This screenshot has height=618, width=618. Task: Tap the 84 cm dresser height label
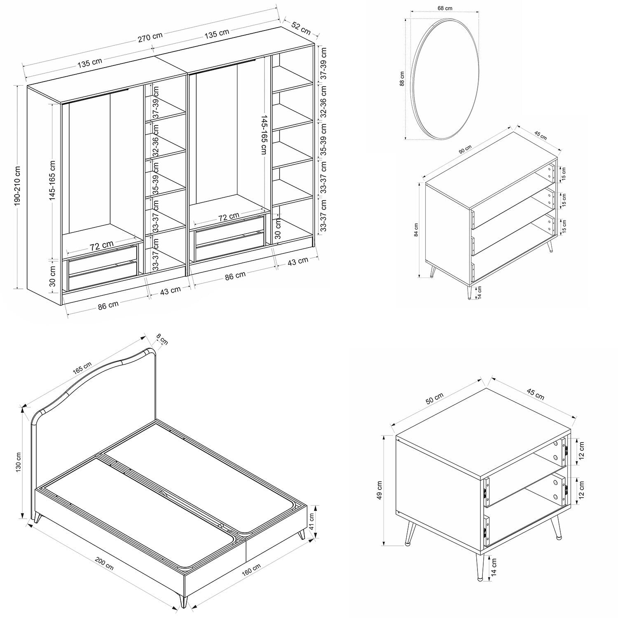[417, 229]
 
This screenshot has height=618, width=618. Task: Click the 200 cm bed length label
[104, 564]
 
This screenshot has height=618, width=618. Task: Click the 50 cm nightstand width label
[434, 398]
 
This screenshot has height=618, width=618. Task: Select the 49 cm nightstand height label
[379, 490]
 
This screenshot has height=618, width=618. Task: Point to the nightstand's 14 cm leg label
[494, 566]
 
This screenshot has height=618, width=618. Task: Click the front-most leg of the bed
[183, 599]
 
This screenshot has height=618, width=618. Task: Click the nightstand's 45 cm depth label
[536, 394]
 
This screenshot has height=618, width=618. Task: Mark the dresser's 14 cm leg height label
[479, 293]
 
